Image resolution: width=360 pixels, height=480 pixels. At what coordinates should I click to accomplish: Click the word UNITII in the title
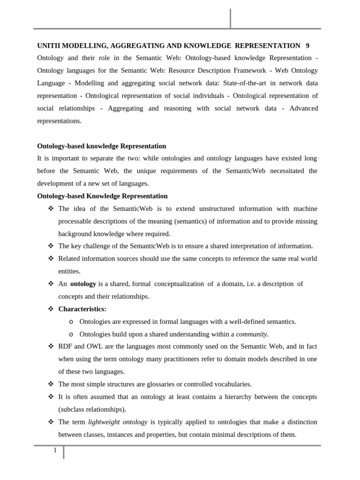(x=48, y=45)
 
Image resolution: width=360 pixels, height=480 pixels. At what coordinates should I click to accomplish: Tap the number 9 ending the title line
(x=307, y=45)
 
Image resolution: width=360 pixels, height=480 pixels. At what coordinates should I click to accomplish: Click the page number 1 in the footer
(x=55, y=450)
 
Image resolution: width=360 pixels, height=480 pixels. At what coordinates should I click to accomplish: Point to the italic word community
(x=252, y=334)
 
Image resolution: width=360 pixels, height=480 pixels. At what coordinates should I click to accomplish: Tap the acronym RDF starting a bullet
(x=65, y=346)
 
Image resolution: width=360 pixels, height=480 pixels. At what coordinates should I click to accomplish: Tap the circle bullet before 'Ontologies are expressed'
(x=71, y=322)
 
